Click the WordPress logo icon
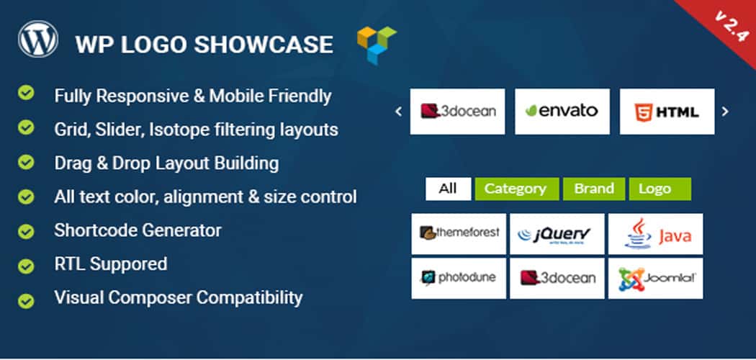point(38,39)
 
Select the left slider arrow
point(398,112)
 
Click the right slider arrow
point(724,112)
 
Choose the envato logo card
point(562,112)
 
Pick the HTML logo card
point(667,112)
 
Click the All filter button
point(448,189)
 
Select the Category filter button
point(517,189)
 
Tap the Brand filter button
point(594,189)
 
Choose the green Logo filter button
point(660,189)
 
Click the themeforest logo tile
point(459,234)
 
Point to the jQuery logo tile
point(557,234)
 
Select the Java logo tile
point(656,234)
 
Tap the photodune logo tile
point(459,278)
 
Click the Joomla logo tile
point(656,278)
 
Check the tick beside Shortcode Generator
point(26,231)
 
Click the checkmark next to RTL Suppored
point(26,266)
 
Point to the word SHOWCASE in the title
point(264,45)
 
